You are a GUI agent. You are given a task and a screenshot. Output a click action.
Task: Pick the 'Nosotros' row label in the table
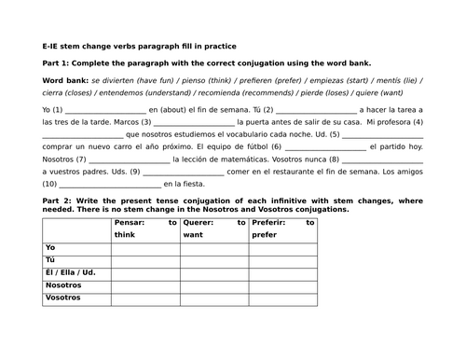click(x=62, y=285)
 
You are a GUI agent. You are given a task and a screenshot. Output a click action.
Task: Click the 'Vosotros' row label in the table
click(x=62, y=298)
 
